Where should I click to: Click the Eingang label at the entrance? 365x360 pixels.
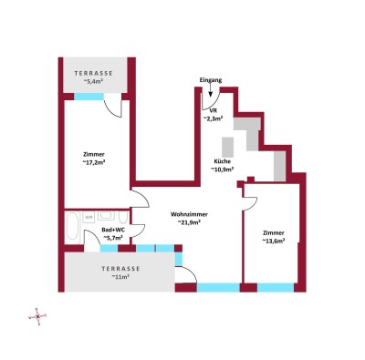point(210,81)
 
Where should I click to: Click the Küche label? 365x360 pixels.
point(224,161)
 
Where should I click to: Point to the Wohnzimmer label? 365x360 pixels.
point(191,213)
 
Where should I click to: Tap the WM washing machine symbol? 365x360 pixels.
point(89,217)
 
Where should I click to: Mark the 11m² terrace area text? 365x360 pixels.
point(120,277)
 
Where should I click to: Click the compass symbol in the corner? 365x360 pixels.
point(37,315)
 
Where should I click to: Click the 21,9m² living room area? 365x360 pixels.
point(191,223)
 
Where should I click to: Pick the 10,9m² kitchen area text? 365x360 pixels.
point(224,170)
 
